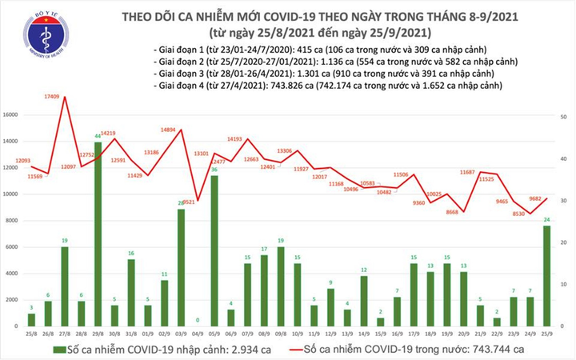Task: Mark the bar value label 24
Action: pyautogui.click(x=546, y=220)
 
